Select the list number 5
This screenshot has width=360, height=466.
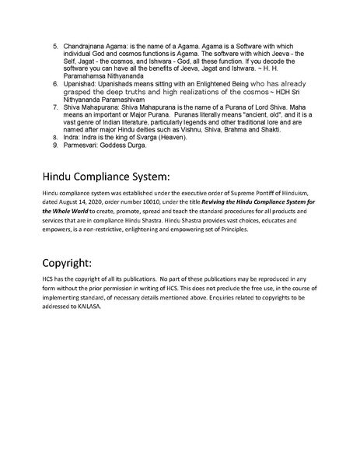(x=55, y=47)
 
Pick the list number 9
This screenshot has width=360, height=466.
(x=55, y=145)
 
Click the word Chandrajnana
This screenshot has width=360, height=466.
(x=89, y=47)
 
